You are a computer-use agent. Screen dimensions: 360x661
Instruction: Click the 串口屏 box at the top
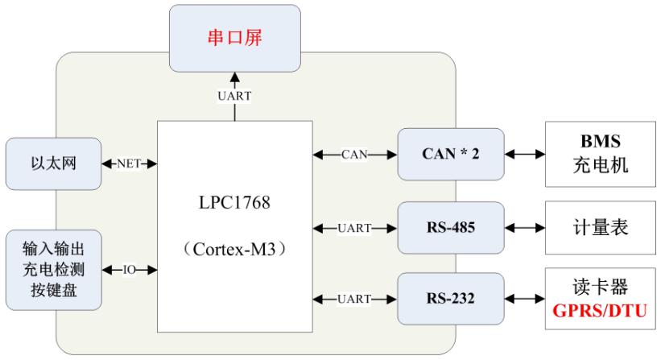click(233, 37)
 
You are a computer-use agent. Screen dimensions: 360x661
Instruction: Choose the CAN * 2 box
click(451, 154)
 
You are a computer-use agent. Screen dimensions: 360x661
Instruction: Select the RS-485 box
click(451, 228)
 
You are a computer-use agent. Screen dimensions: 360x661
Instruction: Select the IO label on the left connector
click(130, 269)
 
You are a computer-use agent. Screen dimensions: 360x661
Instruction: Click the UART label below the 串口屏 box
click(234, 96)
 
